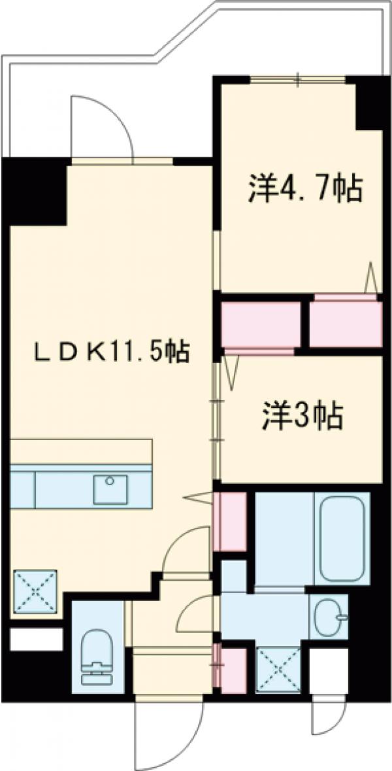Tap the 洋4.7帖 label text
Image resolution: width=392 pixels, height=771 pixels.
pyautogui.click(x=304, y=190)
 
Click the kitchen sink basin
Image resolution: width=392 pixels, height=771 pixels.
pyautogui.click(x=110, y=489)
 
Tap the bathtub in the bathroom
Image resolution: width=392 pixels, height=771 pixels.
pyautogui.click(x=342, y=538)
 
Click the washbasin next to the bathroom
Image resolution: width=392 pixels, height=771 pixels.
pyautogui.click(x=329, y=617)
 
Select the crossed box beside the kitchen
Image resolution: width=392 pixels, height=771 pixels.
pyautogui.click(x=35, y=591)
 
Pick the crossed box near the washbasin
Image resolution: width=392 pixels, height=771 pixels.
pyautogui.click(x=278, y=669)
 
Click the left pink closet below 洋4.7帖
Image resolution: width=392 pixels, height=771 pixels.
pyautogui.click(x=259, y=325)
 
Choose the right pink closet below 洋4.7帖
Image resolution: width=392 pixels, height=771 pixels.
pyautogui.click(x=344, y=325)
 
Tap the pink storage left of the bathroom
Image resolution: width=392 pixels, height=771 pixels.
pyautogui.click(x=230, y=521)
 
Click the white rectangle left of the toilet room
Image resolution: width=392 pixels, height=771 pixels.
pyautogui.click(x=37, y=639)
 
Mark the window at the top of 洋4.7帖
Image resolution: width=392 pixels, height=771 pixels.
pyautogui.click(x=298, y=80)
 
